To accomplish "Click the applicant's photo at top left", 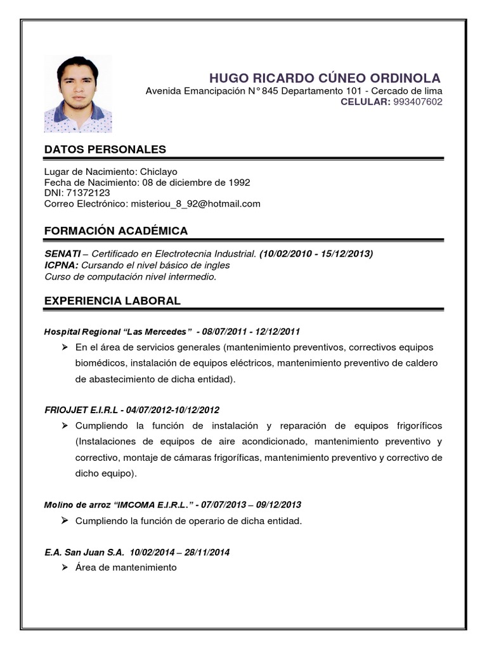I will tap(77, 94).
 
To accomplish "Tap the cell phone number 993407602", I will tap(418, 101).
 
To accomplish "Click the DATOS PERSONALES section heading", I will tap(105, 150).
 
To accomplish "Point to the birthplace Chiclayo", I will tap(158, 172).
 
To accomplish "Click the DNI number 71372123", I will tap(88, 193).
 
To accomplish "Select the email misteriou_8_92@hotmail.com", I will tap(195, 203).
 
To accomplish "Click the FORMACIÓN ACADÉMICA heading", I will tap(116, 231).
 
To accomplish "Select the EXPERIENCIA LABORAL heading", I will tap(112, 301).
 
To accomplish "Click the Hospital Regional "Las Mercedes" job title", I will tap(118, 331).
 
